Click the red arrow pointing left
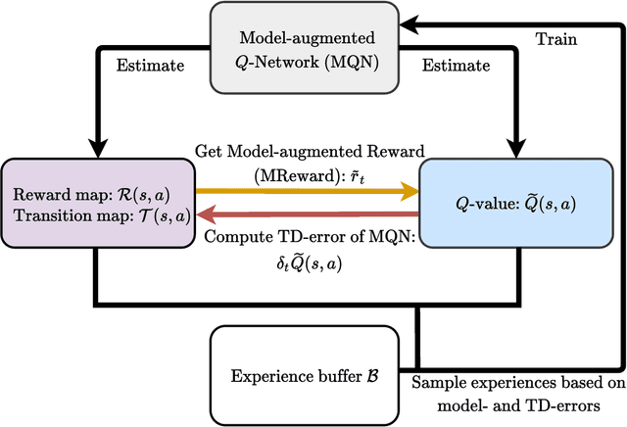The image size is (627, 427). pos(305,213)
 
